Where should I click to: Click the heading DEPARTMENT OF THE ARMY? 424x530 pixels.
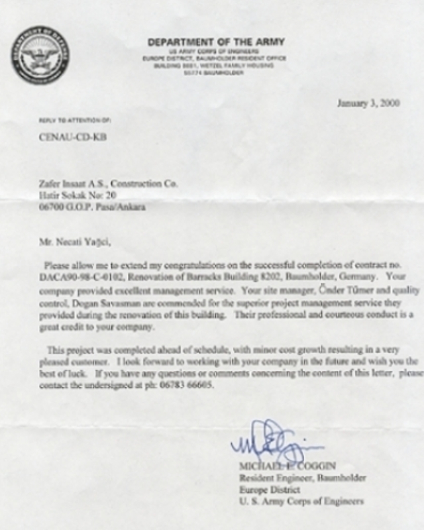coord(216,42)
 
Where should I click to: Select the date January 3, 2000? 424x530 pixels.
coord(368,103)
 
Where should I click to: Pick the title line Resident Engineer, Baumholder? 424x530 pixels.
coord(302,478)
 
